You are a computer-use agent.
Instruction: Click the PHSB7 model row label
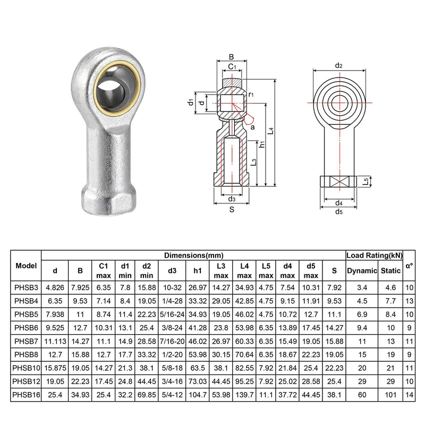point(26,341)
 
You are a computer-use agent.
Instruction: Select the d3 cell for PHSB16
point(172,395)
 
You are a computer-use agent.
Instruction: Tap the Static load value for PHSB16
point(390,395)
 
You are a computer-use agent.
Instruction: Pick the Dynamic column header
point(362,270)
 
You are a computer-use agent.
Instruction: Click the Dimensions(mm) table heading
point(193,256)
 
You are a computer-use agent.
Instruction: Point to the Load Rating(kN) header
point(375,256)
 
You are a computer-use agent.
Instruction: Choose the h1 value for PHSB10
point(198,368)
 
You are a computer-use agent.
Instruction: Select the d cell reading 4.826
point(55,287)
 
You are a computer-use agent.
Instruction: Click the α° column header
point(409,266)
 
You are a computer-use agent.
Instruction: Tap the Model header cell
point(26,266)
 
